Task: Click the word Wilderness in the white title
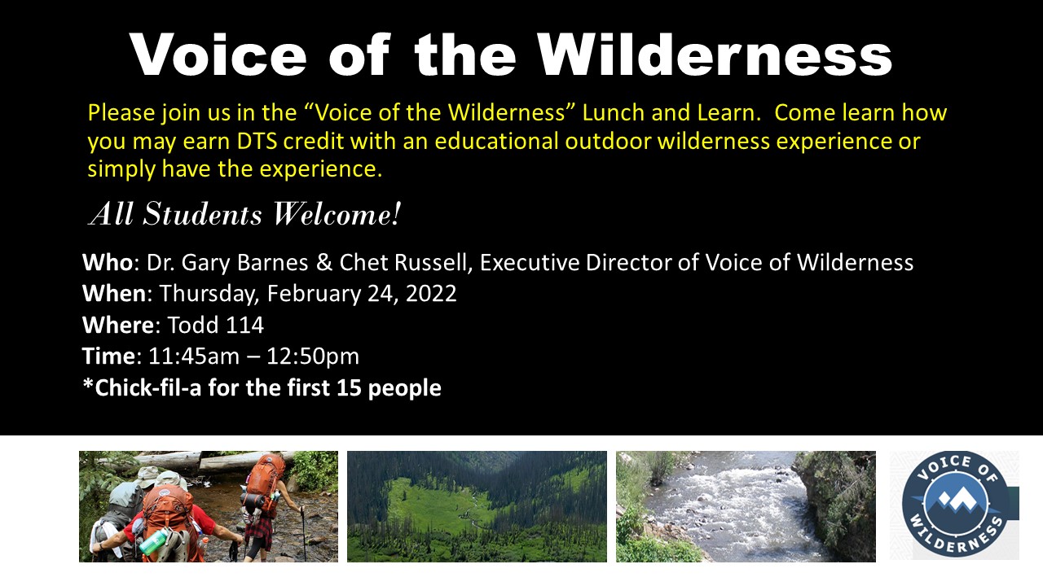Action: pyautogui.click(x=715, y=54)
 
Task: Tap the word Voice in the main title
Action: pyautogui.click(x=218, y=54)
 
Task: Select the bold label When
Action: pyautogui.click(x=114, y=294)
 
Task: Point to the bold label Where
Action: pyautogui.click(x=118, y=325)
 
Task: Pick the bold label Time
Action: pyautogui.click(x=109, y=356)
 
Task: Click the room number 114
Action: pyautogui.click(x=245, y=325)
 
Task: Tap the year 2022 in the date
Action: pyautogui.click(x=431, y=294)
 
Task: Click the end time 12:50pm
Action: pyautogui.click(x=313, y=356)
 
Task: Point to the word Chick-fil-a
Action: pyautogui.click(x=148, y=387)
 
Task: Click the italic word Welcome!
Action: pyautogui.click(x=337, y=214)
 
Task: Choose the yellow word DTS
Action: pyautogui.click(x=257, y=141)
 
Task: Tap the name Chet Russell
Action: pyautogui.click(x=403, y=262)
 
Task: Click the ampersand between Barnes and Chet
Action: pyautogui.click(x=324, y=262)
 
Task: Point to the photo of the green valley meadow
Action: pyautogui.click(x=477, y=506)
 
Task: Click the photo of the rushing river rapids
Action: pyautogui.click(x=746, y=506)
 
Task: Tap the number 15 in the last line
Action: pyautogui.click(x=349, y=387)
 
